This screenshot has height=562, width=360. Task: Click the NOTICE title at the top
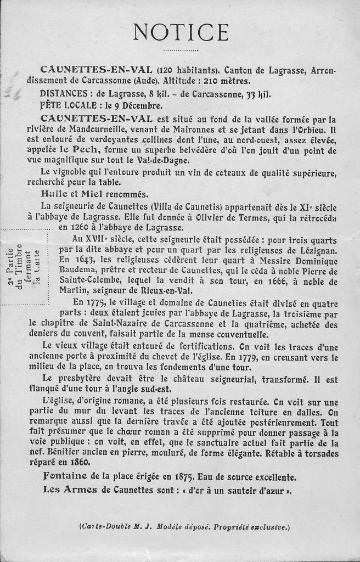pyautogui.click(x=181, y=32)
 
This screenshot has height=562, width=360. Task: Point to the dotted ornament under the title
pyautogui.click(x=180, y=50)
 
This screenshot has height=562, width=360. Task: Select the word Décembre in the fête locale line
pyautogui.click(x=143, y=105)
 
